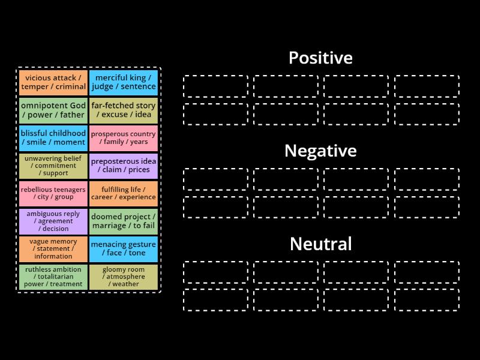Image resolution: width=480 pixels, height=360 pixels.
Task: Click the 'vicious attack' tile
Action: click(53, 82)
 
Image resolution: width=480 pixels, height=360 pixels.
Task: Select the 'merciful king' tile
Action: click(124, 82)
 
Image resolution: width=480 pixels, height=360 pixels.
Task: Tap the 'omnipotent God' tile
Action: click(53, 110)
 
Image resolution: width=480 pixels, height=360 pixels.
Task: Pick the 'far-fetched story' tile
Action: click(124, 110)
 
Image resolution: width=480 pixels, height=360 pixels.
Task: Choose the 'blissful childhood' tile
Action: click(53, 138)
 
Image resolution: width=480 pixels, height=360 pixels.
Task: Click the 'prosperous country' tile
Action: click(124, 138)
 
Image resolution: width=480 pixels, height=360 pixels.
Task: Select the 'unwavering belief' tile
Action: click(53, 166)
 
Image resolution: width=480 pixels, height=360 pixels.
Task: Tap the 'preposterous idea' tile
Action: click(124, 166)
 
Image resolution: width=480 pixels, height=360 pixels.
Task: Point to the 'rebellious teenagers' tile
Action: click(53, 193)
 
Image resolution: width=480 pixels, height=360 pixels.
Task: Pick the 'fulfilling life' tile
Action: click(124, 193)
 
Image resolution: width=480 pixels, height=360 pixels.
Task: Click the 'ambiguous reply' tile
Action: click(53, 221)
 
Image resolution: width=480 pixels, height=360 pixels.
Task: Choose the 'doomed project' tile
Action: click(124, 221)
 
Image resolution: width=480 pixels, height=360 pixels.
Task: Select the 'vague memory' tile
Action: click(53, 249)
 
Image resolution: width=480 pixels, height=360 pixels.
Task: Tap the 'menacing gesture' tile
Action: click(124, 249)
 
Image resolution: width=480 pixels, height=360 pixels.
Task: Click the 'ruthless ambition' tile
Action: click(53, 277)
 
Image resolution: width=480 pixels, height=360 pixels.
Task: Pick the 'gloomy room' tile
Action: click(124, 277)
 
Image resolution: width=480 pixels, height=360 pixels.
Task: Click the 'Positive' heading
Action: click(320, 58)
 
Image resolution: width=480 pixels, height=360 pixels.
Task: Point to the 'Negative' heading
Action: click(320, 151)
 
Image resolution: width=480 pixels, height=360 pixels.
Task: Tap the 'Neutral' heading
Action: click(320, 244)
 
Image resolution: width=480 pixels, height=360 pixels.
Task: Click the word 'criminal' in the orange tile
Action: click(71, 87)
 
